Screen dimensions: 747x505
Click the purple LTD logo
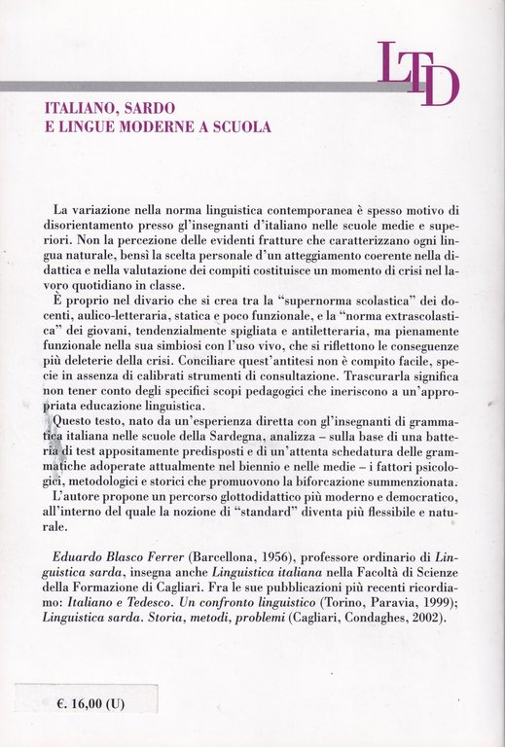pos(417,73)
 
